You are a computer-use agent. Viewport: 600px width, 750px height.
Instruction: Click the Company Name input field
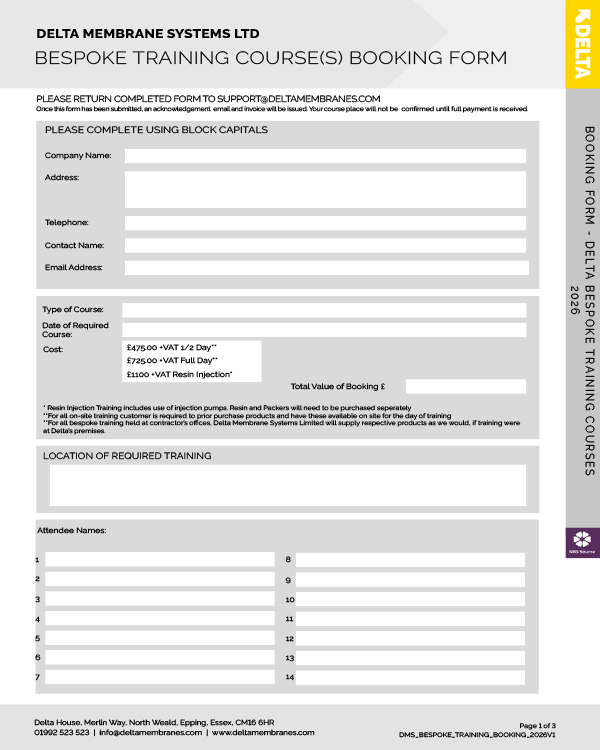point(325,156)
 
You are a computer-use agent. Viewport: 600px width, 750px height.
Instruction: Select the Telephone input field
point(325,223)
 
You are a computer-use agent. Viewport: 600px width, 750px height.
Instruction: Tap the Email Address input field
point(325,267)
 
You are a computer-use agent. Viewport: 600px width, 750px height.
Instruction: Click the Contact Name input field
point(325,245)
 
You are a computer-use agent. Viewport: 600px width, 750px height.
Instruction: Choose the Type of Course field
point(324,310)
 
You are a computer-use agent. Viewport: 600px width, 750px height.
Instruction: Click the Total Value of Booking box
point(465,386)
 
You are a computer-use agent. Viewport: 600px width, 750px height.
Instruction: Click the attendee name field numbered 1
point(160,560)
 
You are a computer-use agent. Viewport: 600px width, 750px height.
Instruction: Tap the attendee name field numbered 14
point(410,677)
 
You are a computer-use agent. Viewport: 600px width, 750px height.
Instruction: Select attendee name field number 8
point(410,560)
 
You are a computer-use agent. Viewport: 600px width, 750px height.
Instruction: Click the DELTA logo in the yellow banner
point(583,45)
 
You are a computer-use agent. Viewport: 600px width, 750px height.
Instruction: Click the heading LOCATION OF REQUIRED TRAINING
point(127,456)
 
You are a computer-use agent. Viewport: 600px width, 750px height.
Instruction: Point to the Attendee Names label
point(71,530)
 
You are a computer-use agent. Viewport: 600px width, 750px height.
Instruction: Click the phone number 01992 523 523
point(61,732)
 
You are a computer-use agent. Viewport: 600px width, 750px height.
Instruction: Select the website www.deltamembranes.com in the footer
point(263,732)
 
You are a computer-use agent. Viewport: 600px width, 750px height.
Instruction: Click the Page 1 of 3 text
point(541,723)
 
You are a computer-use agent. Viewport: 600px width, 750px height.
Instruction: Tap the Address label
point(61,177)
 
